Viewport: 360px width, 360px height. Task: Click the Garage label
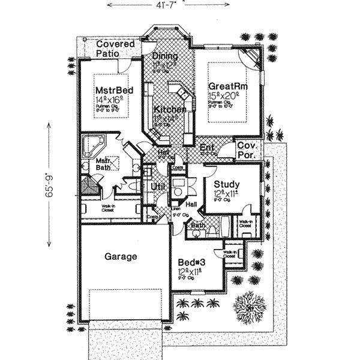click(x=121, y=256)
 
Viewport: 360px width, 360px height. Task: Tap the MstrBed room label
click(x=113, y=90)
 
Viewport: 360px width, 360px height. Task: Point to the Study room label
click(x=227, y=184)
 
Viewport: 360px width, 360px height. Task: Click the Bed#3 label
click(x=192, y=262)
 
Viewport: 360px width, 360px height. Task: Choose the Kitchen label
click(x=169, y=110)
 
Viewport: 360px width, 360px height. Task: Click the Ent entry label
click(x=207, y=147)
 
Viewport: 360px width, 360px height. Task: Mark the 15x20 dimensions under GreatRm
click(x=224, y=95)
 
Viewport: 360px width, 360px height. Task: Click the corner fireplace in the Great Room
click(x=252, y=58)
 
